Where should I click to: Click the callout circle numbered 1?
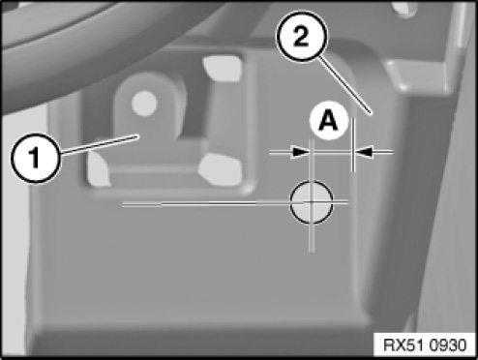tap(36, 159)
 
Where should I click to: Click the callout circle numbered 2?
tap(302, 36)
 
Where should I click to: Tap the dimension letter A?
tap(328, 121)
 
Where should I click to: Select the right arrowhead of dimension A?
tap(364, 151)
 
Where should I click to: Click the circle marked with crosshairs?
tap(312, 202)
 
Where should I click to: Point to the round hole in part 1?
tap(144, 104)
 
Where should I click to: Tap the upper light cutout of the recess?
tap(224, 69)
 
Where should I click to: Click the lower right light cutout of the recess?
tap(221, 169)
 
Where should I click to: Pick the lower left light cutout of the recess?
tap(99, 169)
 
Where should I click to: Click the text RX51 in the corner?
tap(404, 345)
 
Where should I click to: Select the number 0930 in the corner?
tap(449, 345)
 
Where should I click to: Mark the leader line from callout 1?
tap(99, 144)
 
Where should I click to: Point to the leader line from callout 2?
tap(346, 85)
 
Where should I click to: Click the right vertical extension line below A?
tap(353, 145)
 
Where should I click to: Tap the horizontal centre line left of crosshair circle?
tap(206, 203)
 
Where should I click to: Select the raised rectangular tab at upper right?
tap(419, 75)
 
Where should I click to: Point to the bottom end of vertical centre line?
tap(312, 252)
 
